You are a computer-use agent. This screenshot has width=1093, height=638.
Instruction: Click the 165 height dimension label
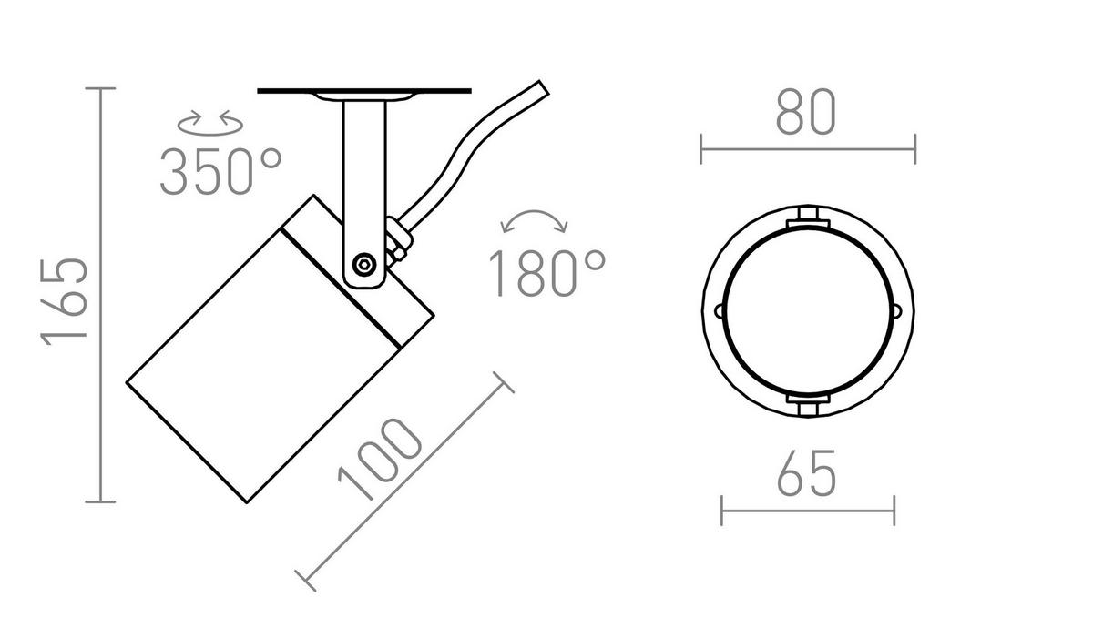(65, 302)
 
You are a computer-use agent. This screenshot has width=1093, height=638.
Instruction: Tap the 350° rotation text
(221, 172)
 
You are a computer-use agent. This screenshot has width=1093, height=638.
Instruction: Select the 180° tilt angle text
(547, 272)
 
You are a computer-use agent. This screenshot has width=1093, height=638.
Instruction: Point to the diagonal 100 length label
(380, 459)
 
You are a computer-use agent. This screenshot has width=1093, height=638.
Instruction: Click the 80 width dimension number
(806, 112)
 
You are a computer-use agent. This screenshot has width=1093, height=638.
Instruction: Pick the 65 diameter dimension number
(807, 472)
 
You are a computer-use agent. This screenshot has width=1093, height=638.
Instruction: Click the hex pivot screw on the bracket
(364, 265)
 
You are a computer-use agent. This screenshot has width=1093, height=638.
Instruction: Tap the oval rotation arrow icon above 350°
(210, 123)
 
